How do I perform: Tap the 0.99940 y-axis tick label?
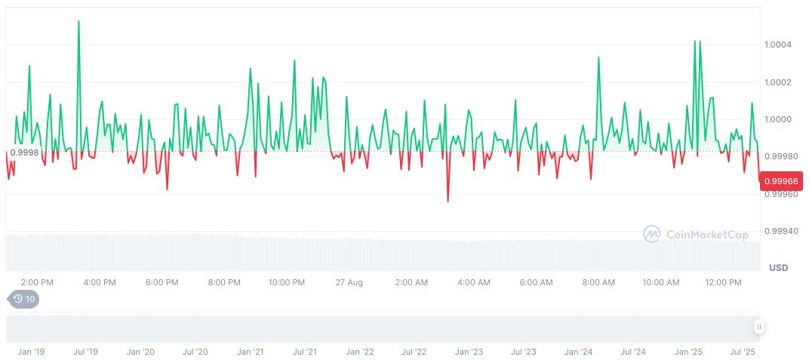pos(780,231)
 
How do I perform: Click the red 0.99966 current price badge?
pos(782,181)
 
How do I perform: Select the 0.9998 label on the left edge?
pos(25,152)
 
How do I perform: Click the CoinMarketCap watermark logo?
pos(695,235)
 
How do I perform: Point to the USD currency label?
pos(778,268)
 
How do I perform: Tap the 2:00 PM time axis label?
pos(37,282)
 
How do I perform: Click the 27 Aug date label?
pos(349,282)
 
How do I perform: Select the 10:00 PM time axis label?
pos(287,282)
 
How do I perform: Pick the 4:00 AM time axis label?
pos(474,282)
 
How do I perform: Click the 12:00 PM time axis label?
pos(723,282)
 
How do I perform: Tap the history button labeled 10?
pos(23,299)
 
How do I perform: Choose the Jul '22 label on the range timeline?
pos(414,352)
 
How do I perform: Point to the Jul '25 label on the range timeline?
pos(743,352)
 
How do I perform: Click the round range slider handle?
pos(758,327)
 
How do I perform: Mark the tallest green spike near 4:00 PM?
pos(78,22)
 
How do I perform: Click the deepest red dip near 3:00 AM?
pos(448,202)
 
